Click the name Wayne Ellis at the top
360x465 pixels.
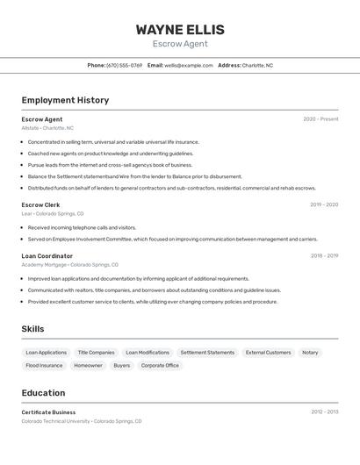[180, 29]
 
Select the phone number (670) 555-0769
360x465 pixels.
[124, 65]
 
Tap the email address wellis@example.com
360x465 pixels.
[189, 65]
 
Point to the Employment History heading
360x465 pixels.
[65, 100]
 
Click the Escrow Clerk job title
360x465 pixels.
[40, 204]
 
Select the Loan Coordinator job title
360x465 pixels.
[47, 255]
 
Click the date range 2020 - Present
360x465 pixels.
[320, 119]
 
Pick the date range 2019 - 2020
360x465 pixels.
[324, 204]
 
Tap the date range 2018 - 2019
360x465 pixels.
[324, 255]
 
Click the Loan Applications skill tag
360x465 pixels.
[46, 353]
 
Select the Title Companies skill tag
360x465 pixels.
[96, 353]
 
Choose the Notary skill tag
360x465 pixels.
[310, 353]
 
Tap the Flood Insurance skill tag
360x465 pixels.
[44, 365]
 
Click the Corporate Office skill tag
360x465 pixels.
[160, 365]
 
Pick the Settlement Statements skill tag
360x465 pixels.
[207, 353]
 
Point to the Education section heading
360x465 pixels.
[43, 393]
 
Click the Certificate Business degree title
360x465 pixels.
[48, 411]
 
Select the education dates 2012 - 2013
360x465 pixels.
[324, 411]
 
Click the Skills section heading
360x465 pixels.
[32, 329]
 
